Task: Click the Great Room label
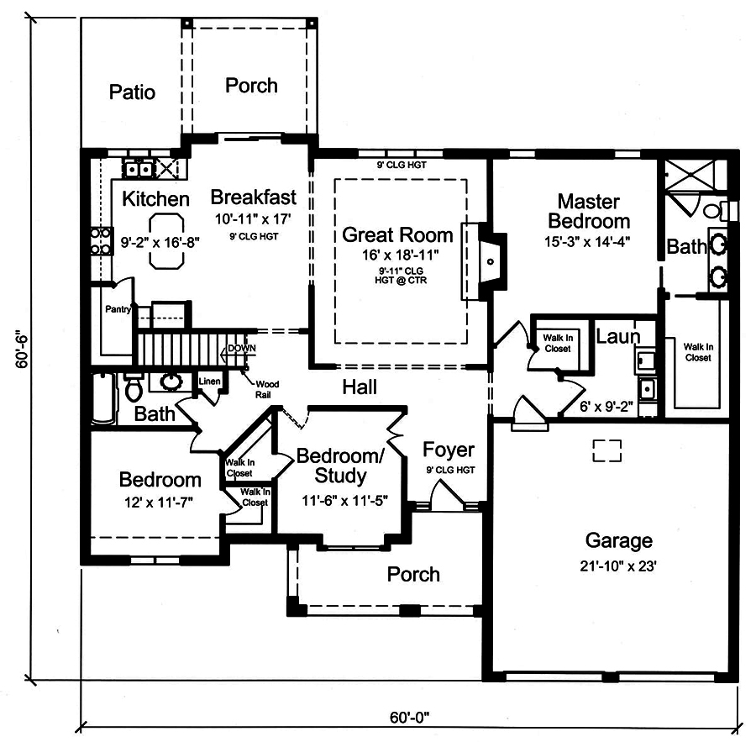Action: pos(396,235)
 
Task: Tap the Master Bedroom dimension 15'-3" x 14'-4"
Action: pos(588,240)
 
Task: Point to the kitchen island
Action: pos(168,239)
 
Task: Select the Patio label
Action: pos(132,92)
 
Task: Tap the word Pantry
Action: pos(118,309)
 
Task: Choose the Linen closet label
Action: pos(209,382)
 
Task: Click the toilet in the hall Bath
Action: pos(133,388)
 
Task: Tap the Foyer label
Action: pos(448,450)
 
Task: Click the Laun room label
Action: pos(618,336)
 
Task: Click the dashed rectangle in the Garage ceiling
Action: pos(606,450)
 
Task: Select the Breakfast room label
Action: pos(253,197)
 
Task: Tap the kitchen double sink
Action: pos(138,168)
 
